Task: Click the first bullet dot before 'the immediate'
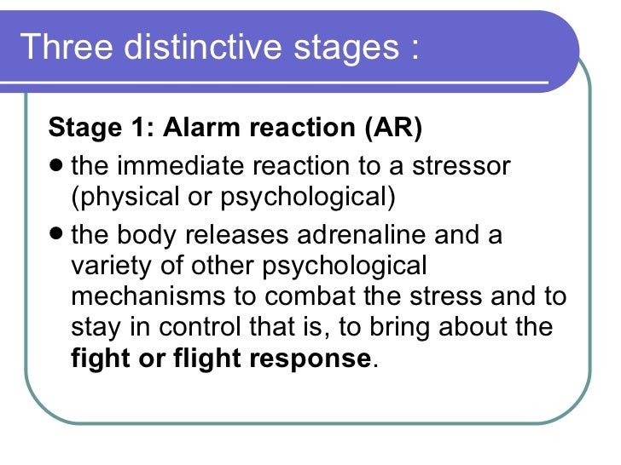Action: point(56,164)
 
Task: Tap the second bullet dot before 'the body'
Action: point(56,233)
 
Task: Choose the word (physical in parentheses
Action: point(122,198)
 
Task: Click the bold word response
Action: point(310,360)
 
